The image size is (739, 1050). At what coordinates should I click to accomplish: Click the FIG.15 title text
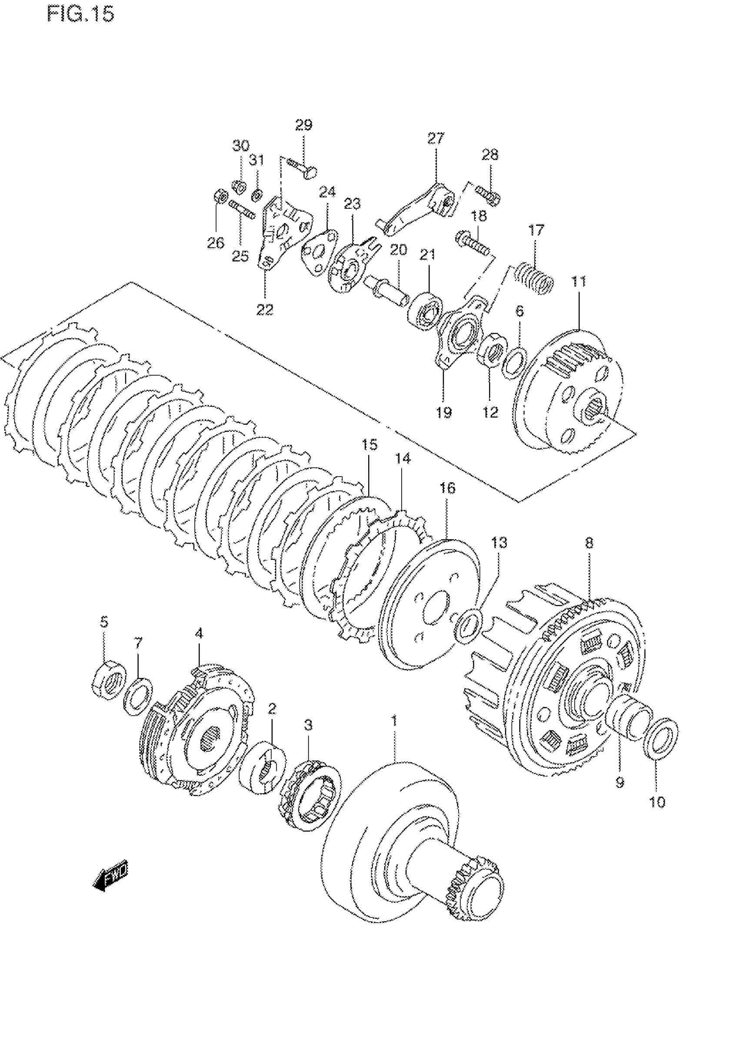pos(80,15)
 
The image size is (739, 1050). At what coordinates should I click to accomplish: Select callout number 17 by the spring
pos(536,230)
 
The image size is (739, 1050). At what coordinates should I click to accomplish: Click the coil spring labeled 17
pos(534,277)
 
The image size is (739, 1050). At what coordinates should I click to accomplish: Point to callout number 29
pos(304,124)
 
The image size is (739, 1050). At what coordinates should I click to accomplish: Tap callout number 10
pos(657,802)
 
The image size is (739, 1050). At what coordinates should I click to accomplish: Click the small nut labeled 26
pos(220,197)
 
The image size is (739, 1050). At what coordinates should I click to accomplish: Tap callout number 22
pos(265,310)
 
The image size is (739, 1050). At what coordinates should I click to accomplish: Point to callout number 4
pos(199,633)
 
